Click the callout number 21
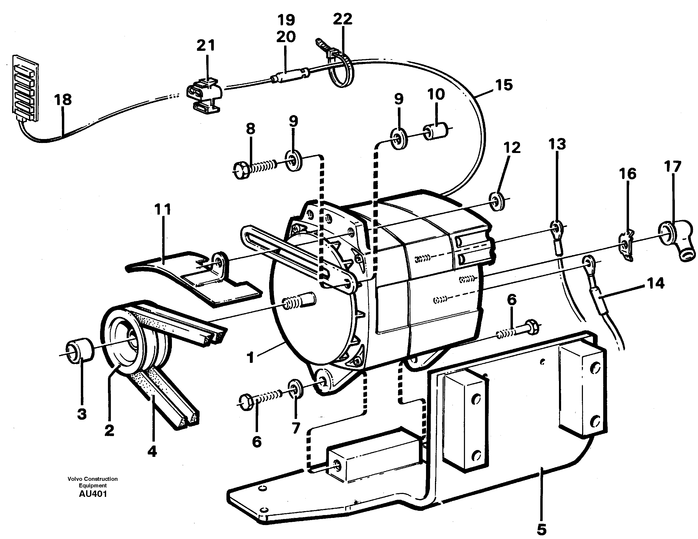pos(205,46)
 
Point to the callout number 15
pos(504,85)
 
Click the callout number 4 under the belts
pos(152,451)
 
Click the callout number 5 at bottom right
pos(541,530)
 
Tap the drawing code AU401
pos(93,494)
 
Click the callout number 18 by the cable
pos(63,100)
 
